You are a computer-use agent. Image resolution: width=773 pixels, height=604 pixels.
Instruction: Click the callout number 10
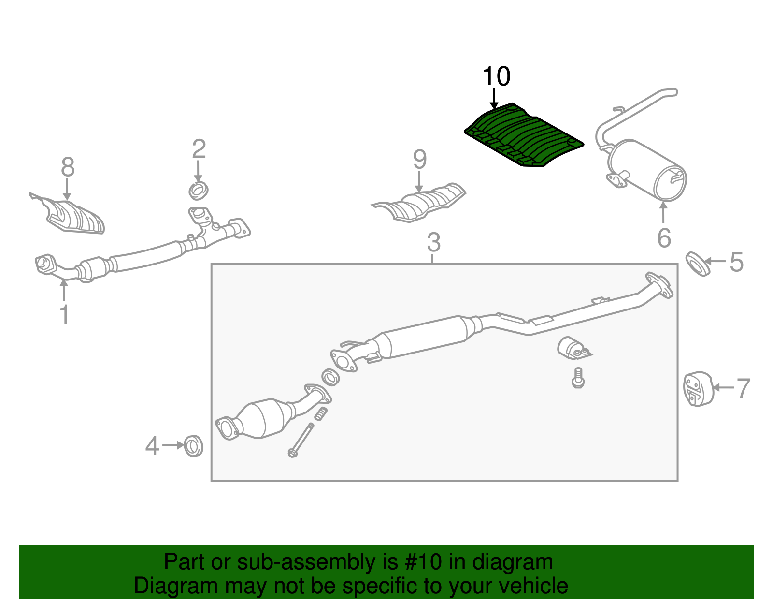click(x=496, y=76)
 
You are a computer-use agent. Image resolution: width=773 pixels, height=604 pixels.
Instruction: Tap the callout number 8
click(x=68, y=167)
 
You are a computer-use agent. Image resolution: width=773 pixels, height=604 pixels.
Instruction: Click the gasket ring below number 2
click(x=198, y=191)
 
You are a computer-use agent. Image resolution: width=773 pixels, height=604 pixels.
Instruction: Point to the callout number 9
click(x=419, y=160)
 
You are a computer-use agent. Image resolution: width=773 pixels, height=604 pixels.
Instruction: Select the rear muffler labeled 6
click(x=647, y=169)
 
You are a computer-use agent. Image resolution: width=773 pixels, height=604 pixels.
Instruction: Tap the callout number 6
click(x=664, y=238)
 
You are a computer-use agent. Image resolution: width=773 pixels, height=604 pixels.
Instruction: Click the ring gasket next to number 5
click(x=698, y=264)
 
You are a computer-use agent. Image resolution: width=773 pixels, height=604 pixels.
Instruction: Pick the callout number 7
click(x=743, y=388)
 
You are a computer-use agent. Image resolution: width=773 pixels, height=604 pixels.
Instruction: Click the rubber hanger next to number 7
click(x=698, y=389)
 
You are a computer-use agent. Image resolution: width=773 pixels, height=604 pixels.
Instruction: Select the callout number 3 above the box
click(x=433, y=242)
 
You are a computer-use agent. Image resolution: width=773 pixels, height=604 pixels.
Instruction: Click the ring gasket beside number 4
click(x=194, y=445)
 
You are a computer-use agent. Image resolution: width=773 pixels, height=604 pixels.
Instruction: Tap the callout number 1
click(x=64, y=314)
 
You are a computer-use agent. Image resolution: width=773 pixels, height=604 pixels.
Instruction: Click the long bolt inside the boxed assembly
click(x=301, y=440)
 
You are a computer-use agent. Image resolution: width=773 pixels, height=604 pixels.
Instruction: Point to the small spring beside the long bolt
click(x=321, y=413)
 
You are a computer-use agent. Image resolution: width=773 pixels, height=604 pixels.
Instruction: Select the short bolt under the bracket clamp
click(x=577, y=378)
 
